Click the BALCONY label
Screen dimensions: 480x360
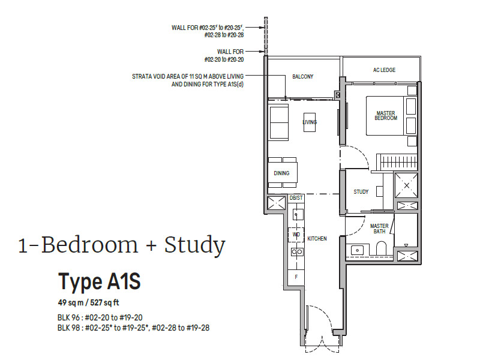coord(302,77)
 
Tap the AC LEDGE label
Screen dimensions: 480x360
coord(384,70)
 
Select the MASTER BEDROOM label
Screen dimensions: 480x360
coord(386,115)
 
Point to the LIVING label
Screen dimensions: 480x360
coord(310,122)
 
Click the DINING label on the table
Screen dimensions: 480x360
coord(281,173)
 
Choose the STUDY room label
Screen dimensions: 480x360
coord(361,192)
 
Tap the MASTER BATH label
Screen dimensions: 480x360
coord(379,229)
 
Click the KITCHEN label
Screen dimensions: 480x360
coord(317,239)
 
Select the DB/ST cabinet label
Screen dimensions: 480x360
coord(296,198)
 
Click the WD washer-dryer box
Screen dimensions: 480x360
coord(296,235)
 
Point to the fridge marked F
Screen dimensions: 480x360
coord(296,277)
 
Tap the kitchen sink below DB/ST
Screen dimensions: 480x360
coord(296,214)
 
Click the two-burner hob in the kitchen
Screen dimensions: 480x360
coord(297,252)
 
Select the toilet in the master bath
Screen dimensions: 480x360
coord(382,248)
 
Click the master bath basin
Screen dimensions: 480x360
coord(356,250)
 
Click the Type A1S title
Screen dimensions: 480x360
coord(100,281)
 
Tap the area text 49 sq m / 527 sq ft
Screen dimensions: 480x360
coord(88,303)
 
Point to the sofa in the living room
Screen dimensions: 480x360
coord(278,122)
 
